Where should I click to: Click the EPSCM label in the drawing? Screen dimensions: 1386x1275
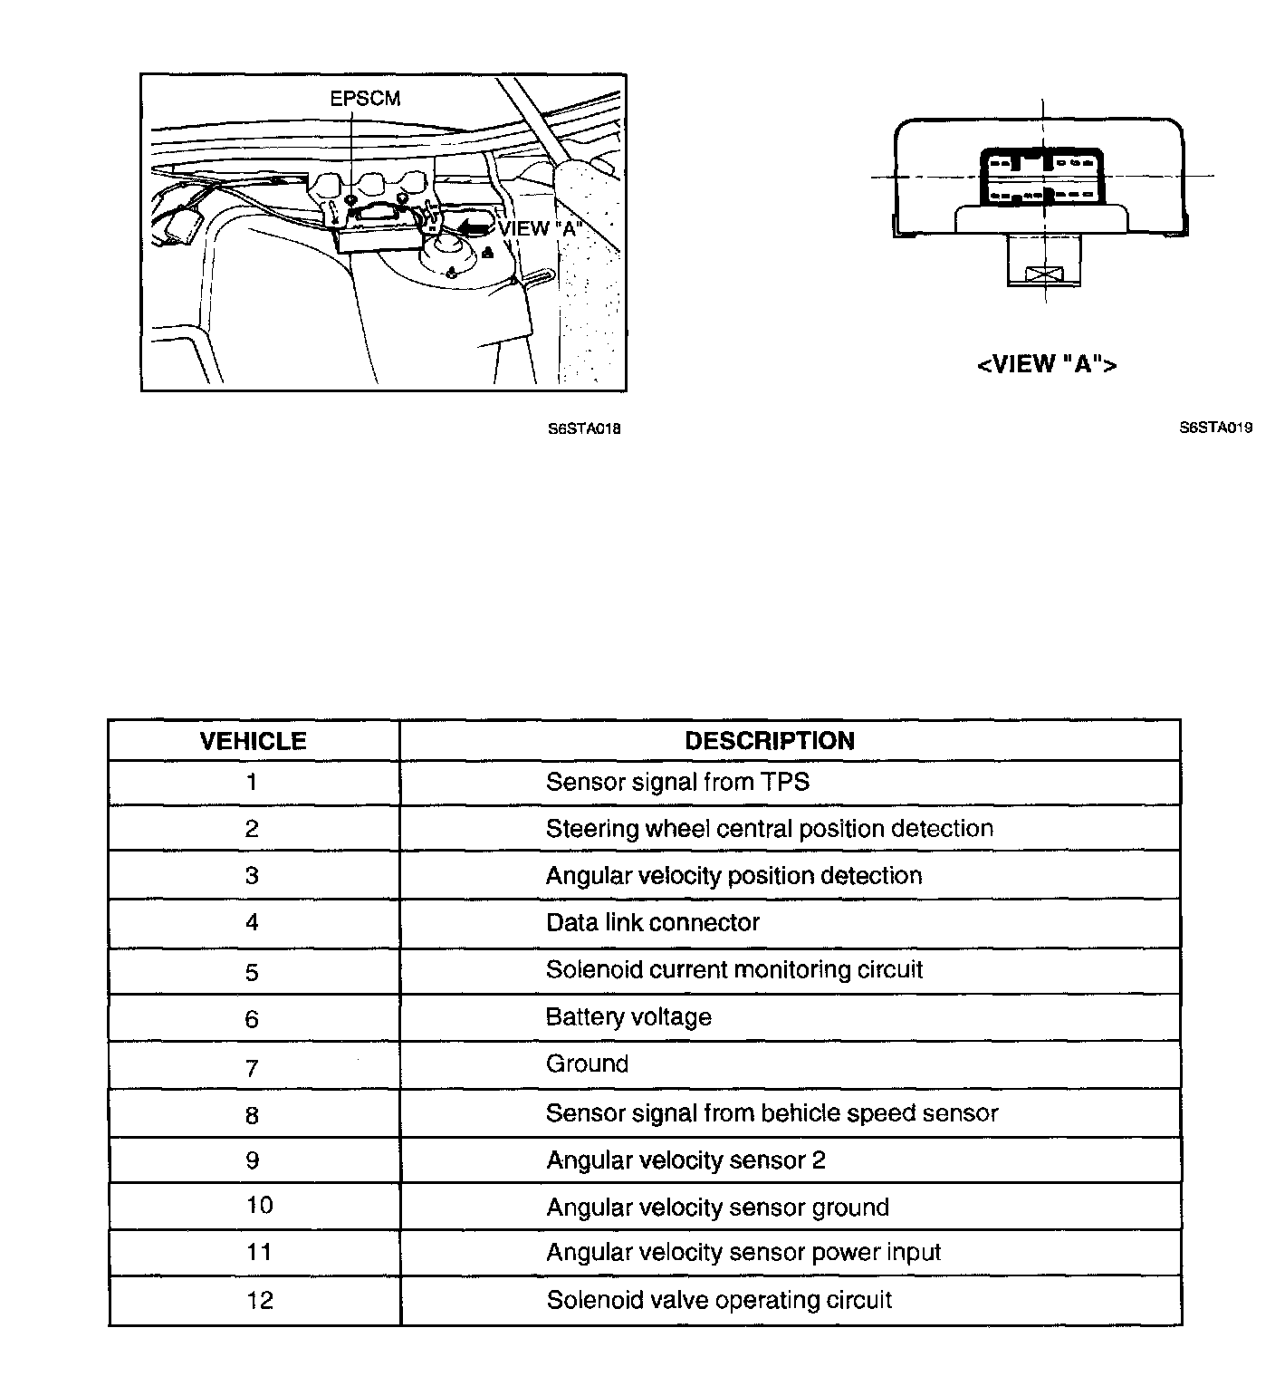pyautogui.click(x=365, y=98)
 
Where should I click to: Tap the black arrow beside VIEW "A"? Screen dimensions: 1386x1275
pyautogui.click(x=474, y=227)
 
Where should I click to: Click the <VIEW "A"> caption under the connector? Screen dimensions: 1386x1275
pyautogui.click(x=1047, y=364)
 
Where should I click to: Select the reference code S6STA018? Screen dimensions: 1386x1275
pyautogui.click(x=584, y=428)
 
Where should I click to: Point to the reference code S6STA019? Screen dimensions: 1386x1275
pyautogui.click(x=1215, y=428)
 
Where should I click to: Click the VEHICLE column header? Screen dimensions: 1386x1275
pyautogui.click(x=253, y=741)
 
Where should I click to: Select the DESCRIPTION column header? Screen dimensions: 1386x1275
pyautogui.click(x=769, y=741)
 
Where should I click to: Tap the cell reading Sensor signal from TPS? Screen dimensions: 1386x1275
pyautogui.click(x=677, y=782)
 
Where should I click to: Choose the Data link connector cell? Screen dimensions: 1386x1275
pyautogui.click(x=652, y=923)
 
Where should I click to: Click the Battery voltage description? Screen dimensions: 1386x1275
pyautogui.click(x=628, y=1017)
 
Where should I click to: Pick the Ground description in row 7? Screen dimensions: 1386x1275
pyautogui.click(x=587, y=1064)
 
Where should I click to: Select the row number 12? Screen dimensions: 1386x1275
pyautogui.click(x=259, y=1300)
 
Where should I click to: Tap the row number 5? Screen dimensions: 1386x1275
pyautogui.click(x=252, y=972)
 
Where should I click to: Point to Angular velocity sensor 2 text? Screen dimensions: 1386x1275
pyautogui.click(x=685, y=1160)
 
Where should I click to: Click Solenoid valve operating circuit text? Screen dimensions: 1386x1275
pyautogui.click(x=719, y=1300)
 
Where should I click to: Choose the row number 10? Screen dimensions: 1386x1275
pyautogui.click(x=259, y=1206)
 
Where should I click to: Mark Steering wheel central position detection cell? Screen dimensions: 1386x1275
pyautogui.click(x=769, y=829)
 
